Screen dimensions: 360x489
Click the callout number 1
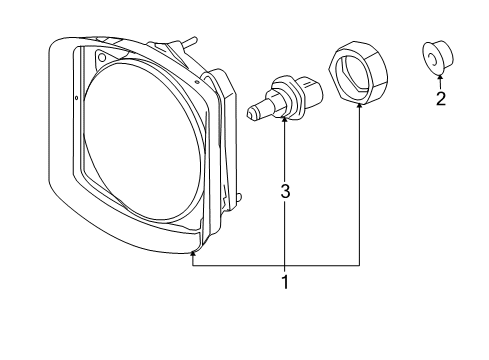[x=285, y=282]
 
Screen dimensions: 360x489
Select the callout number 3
[x=285, y=190]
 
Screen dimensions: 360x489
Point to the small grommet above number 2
[x=437, y=58]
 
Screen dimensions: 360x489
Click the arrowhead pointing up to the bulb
[x=285, y=121]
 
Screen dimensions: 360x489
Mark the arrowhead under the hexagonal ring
[x=358, y=107]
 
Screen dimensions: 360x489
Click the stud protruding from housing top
[x=185, y=42]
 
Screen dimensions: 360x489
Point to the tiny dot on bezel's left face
[x=76, y=99]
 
